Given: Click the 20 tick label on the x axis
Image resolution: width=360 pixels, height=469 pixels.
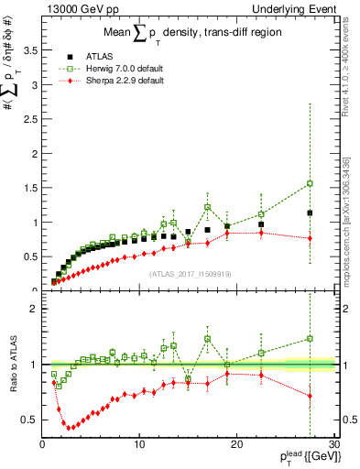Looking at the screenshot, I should (236, 445).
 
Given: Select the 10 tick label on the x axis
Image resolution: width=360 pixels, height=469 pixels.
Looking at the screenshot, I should (139, 445).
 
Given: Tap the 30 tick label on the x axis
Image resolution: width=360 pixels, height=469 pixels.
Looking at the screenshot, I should (333, 445).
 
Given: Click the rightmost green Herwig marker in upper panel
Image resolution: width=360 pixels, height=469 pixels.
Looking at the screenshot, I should (311, 183).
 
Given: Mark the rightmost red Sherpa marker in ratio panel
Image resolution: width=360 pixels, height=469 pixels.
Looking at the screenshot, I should (311, 396).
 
